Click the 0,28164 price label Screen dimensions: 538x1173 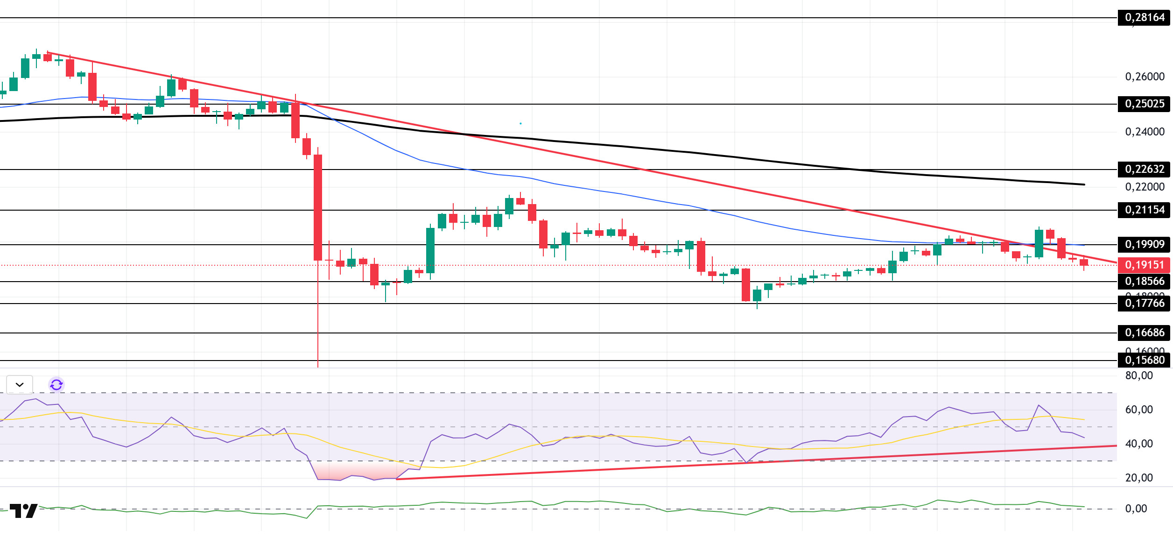tap(1144, 18)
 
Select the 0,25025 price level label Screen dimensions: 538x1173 tap(1144, 104)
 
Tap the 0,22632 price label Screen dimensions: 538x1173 tap(1144, 169)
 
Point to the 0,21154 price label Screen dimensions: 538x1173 tap(1144, 210)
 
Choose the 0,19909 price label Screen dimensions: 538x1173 tap(1144, 244)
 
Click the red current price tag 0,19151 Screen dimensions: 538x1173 tap(1144, 265)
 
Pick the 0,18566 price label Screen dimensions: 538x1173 tap(1144, 281)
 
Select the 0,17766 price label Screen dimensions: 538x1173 tap(1144, 303)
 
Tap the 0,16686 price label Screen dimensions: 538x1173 tap(1144, 333)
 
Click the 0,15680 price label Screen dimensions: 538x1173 tap(1144, 360)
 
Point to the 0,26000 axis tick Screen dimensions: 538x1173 tap(1145, 77)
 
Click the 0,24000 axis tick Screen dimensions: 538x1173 tap(1145, 132)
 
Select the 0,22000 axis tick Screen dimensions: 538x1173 tap(1145, 187)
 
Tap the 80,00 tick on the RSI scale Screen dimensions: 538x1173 tap(1139, 375)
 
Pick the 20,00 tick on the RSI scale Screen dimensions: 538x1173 tap(1139, 478)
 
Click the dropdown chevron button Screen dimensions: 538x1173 tap(20, 385)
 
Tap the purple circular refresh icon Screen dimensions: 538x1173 tap(56, 385)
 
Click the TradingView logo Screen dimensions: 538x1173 tap(23, 511)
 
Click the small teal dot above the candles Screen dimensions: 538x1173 tap(520, 123)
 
